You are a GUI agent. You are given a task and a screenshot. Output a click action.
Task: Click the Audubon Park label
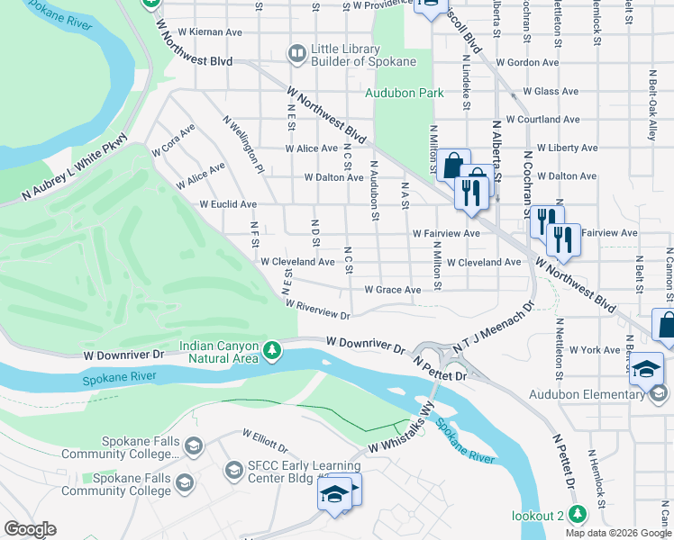[x=404, y=93]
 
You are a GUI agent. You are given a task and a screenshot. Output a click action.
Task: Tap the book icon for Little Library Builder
[x=296, y=55]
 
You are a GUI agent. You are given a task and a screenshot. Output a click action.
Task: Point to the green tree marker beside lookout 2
[x=578, y=515]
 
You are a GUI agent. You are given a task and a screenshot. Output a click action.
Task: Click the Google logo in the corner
[x=30, y=529]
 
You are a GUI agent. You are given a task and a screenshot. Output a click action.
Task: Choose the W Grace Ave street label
[x=392, y=290]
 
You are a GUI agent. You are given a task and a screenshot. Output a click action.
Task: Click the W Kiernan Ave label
[x=210, y=31]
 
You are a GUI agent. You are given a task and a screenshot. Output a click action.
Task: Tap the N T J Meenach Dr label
[x=495, y=339]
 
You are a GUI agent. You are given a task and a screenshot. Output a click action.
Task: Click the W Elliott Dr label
[x=265, y=440]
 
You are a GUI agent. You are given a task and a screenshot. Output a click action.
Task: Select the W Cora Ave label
[x=173, y=140]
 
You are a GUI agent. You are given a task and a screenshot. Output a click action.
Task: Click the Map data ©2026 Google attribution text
[x=618, y=533]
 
